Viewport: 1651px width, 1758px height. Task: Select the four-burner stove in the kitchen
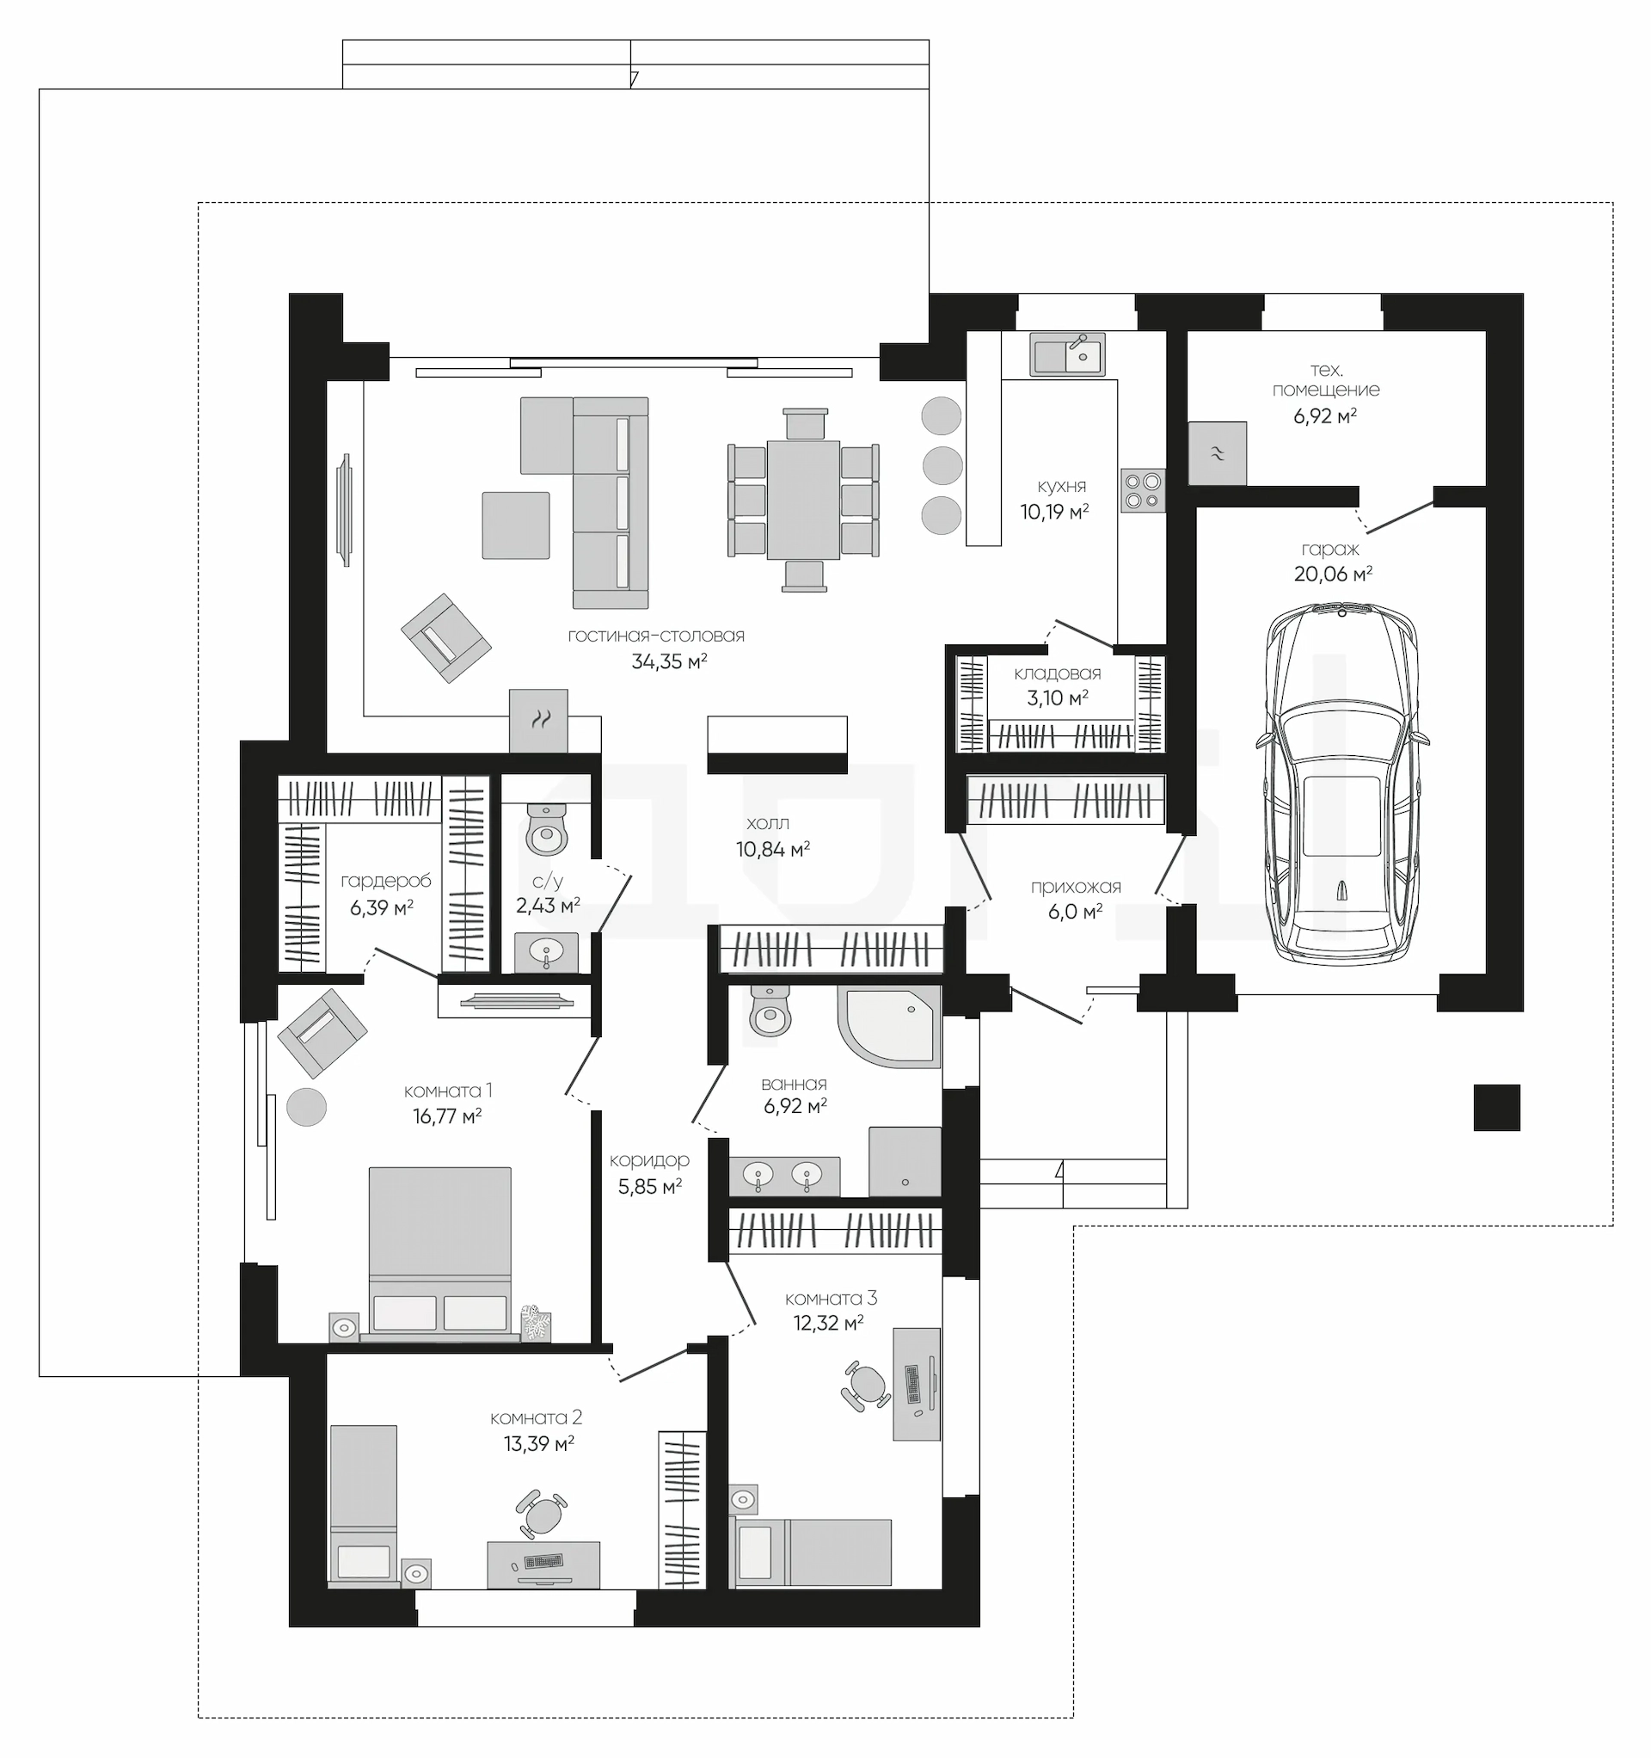(1143, 491)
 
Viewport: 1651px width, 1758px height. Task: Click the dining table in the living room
(803, 500)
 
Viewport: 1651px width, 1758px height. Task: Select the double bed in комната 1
(440, 1253)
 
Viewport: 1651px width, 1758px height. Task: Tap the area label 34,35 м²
(669, 661)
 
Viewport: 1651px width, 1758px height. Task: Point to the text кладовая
(1058, 673)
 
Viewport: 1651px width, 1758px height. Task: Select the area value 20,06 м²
(1333, 574)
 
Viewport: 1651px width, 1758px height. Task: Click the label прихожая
(1076, 887)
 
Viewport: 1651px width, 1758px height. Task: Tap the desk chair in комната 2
(540, 1515)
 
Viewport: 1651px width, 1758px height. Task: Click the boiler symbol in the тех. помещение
(1217, 452)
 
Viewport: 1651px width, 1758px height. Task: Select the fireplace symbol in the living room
(538, 720)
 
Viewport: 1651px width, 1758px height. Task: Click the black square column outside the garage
(1496, 1107)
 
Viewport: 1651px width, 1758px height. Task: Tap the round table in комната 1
(306, 1106)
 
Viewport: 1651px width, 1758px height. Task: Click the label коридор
(649, 1160)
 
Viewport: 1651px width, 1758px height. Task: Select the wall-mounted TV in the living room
(345, 509)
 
